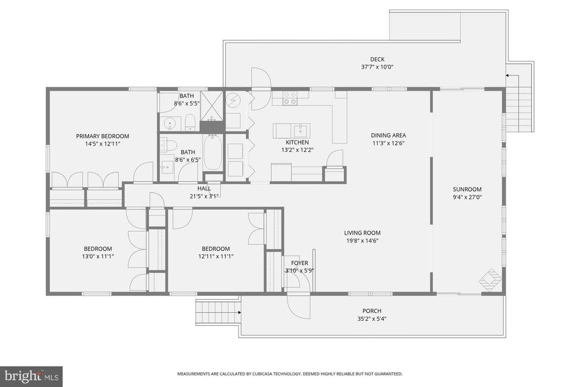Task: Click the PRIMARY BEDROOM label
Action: click(103, 136)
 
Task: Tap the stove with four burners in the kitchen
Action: click(290, 98)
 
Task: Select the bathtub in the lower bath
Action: click(212, 152)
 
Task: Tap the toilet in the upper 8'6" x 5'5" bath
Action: click(190, 121)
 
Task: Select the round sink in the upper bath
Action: click(169, 122)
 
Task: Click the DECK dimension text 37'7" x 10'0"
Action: click(377, 67)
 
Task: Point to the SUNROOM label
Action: click(467, 189)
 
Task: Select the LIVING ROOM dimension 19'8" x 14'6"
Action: click(362, 240)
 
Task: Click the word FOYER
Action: click(300, 263)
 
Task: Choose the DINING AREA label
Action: click(388, 135)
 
